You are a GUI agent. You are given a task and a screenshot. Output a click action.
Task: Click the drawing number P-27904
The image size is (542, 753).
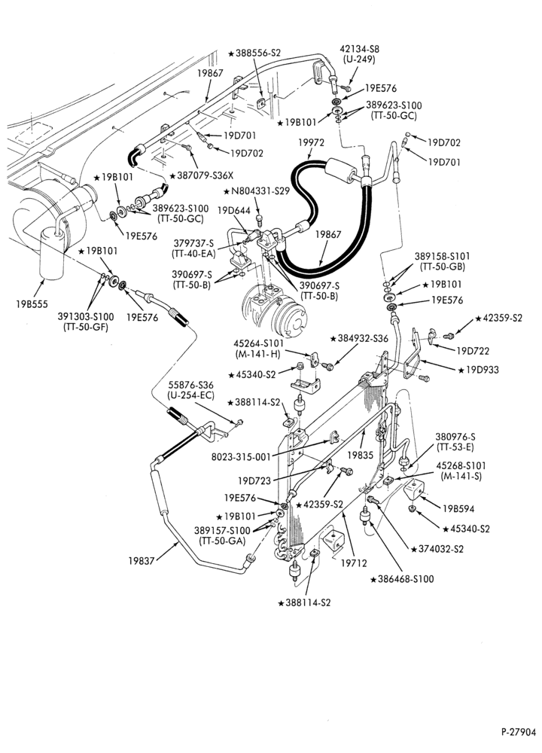pos(519,733)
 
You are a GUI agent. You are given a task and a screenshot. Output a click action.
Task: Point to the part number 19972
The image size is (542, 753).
pos(311,142)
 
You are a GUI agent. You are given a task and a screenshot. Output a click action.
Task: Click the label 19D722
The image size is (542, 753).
pos(473,351)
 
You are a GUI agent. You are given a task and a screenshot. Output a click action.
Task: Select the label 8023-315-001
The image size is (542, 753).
pos(241,457)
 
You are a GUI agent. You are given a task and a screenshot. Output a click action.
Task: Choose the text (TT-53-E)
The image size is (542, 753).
pos(455,447)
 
